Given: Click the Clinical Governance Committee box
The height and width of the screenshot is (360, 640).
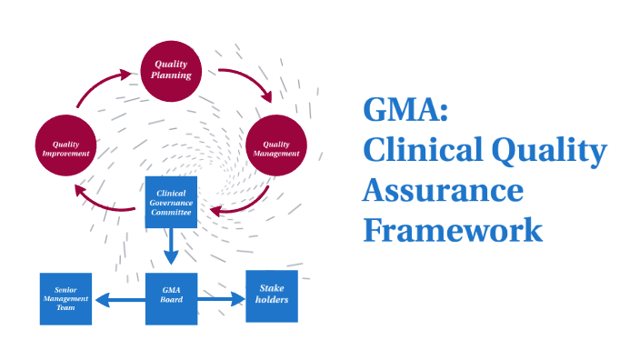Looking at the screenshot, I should click(x=172, y=202).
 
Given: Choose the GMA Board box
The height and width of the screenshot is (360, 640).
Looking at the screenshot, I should click(x=172, y=298).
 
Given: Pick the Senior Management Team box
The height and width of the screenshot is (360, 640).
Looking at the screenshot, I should click(x=65, y=298).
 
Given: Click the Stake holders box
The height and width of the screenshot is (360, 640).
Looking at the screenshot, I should click(x=272, y=295).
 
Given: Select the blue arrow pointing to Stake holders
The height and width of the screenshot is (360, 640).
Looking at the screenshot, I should click(x=222, y=297).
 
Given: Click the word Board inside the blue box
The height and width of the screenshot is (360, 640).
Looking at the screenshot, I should click(x=172, y=301).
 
